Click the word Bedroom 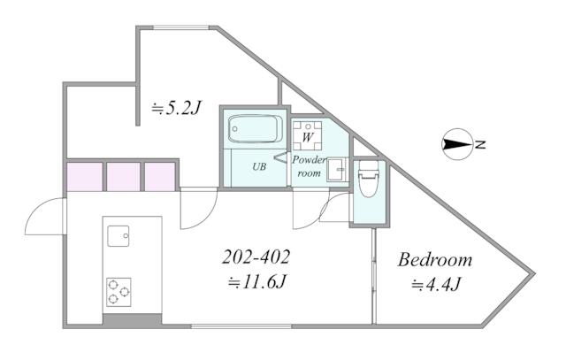[x=434, y=260]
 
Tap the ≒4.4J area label [x=436, y=284]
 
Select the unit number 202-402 [x=256, y=257]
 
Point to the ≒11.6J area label [x=257, y=282]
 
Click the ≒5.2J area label [x=176, y=107]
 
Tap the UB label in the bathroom [x=259, y=166]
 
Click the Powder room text [x=309, y=166]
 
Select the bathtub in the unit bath [x=255, y=129]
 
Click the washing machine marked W [x=307, y=135]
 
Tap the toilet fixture [x=368, y=179]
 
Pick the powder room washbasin [x=337, y=169]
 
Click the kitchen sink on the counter [x=119, y=236]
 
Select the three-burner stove [x=119, y=292]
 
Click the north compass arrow [x=457, y=144]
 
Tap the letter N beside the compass [x=480, y=145]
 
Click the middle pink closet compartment [x=124, y=177]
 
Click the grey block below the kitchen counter [x=132, y=321]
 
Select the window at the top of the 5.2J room [x=181, y=27]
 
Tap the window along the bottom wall [x=241, y=326]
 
